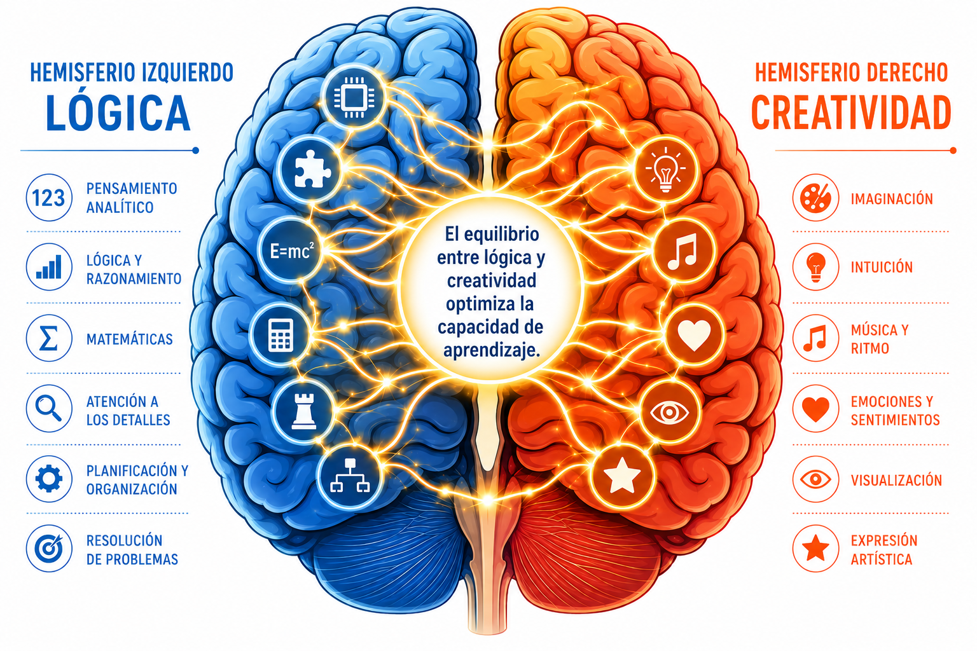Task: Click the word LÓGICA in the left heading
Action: click(x=118, y=113)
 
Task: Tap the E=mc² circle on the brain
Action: click(x=291, y=250)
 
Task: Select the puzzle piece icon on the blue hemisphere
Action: click(x=313, y=168)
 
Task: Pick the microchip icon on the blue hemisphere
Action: click(x=354, y=97)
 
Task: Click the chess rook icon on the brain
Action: click(x=303, y=411)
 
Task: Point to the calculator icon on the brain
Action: click(x=281, y=335)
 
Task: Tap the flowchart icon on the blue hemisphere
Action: click(x=350, y=476)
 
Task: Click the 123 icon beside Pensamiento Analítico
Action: click(x=49, y=198)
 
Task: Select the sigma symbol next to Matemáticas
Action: click(x=49, y=338)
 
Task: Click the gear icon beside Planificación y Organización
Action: click(x=49, y=479)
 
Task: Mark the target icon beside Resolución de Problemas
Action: click(x=49, y=549)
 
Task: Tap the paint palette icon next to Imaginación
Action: click(x=815, y=198)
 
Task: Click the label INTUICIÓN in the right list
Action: click(x=882, y=267)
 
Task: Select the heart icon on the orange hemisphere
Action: click(x=694, y=334)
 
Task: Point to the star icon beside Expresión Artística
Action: click(x=815, y=549)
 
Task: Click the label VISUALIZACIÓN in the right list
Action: click(x=896, y=480)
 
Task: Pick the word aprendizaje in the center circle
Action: click(x=492, y=350)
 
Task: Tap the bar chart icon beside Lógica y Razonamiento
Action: click(x=49, y=267)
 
